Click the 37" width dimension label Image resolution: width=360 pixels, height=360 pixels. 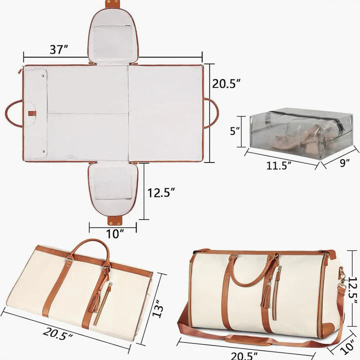pos(59,49)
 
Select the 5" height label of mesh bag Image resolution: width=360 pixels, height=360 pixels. pos(235,131)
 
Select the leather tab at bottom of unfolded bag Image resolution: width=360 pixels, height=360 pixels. pos(114,219)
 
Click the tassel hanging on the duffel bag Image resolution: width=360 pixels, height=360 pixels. pos(264,295)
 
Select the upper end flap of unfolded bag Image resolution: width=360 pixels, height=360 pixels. pos(113,35)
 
